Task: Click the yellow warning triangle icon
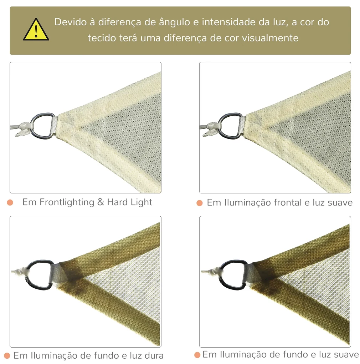click(36, 30)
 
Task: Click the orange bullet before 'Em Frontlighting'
click(10, 202)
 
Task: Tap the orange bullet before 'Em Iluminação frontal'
click(200, 203)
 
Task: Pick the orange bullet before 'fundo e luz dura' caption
click(7, 356)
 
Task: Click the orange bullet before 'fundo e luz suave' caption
click(197, 355)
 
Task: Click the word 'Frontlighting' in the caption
click(67, 202)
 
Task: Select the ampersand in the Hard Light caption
click(101, 202)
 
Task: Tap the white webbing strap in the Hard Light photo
click(54, 125)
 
